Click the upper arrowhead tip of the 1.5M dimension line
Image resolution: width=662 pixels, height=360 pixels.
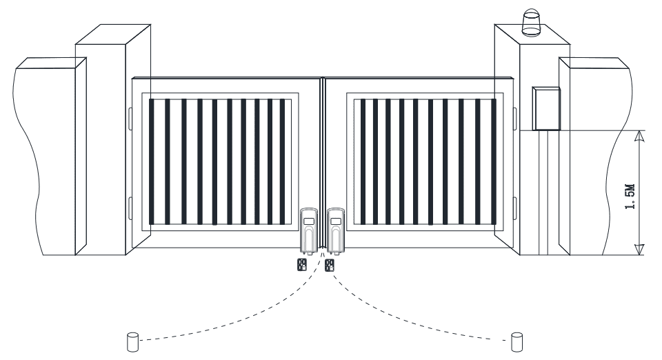tap(640, 131)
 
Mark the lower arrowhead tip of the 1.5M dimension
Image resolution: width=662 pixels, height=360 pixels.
tap(640, 255)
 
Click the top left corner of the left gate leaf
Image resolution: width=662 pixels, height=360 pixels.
tap(132, 79)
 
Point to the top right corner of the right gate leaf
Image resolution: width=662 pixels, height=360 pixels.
tap(513, 79)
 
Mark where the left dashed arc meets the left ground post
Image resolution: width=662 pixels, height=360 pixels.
tap(139, 340)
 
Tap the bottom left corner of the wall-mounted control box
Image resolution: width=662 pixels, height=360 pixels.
tap(533, 130)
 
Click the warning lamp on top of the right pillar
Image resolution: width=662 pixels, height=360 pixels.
tap(532, 23)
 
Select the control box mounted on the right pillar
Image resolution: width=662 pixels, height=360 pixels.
tap(546, 108)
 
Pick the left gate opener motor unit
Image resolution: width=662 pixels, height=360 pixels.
tap(309, 231)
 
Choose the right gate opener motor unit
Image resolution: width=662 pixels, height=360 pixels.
tap(336, 231)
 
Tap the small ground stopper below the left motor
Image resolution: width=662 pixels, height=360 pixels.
tap(302, 265)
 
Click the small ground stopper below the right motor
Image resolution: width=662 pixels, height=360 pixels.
tap(330, 265)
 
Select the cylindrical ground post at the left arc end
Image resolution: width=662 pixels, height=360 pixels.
tap(133, 342)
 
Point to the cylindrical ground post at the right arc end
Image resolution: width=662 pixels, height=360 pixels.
tap(517, 342)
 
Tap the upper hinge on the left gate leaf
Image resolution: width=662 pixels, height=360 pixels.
tap(130, 119)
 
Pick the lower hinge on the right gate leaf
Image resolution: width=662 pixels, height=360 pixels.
tap(515, 208)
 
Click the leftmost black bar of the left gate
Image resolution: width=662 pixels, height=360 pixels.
tap(152, 161)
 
